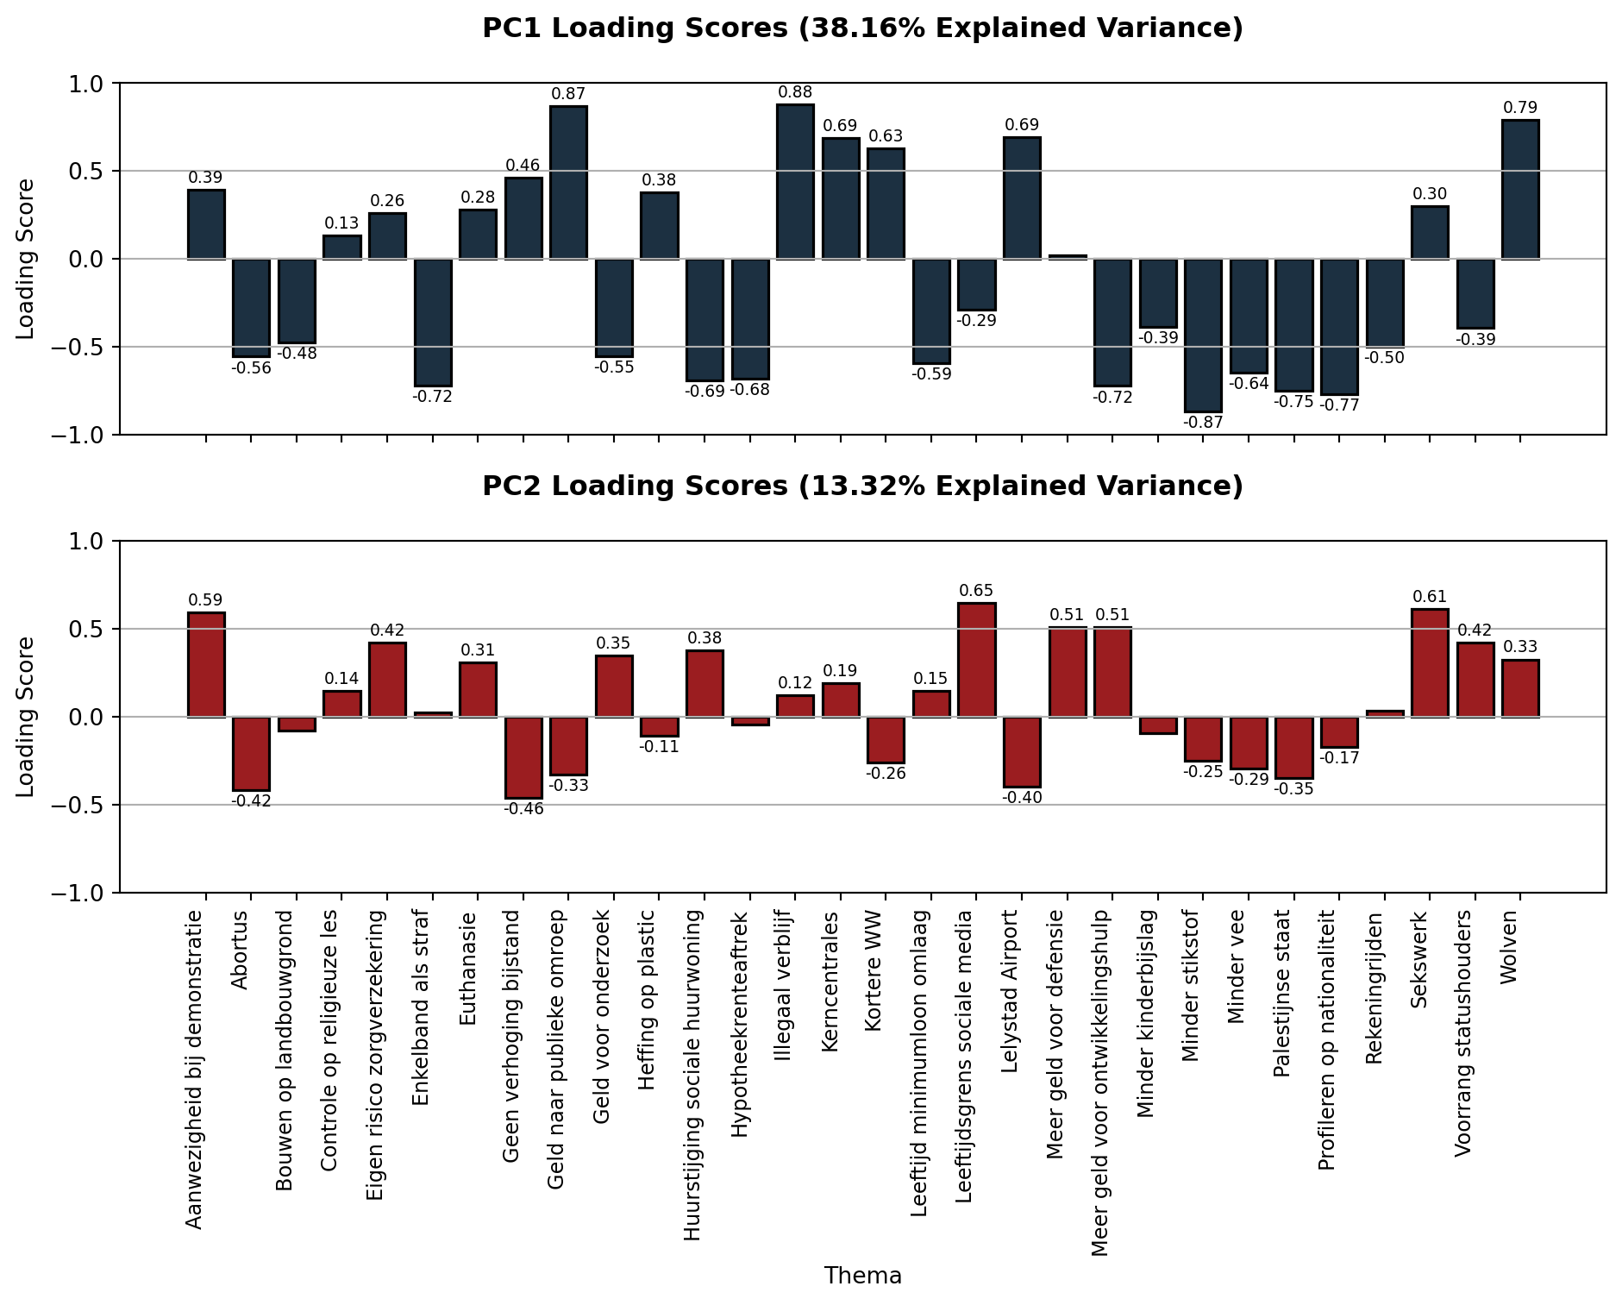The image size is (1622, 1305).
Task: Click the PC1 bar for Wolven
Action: [1520, 190]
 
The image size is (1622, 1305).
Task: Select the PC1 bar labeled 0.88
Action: [795, 181]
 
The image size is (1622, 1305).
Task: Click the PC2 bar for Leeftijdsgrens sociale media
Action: [976, 660]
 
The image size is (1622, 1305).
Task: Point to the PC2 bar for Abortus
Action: [251, 753]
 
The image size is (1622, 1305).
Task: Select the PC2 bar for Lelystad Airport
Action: [1022, 751]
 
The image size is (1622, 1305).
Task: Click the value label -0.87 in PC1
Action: [1203, 423]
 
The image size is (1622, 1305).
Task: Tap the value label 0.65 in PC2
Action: [976, 591]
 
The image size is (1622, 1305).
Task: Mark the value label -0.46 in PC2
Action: [523, 809]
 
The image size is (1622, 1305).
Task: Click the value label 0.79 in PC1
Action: [1520, 108]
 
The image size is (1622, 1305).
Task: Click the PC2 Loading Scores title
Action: [862, 486]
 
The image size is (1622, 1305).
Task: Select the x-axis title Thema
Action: [862, 1276]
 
